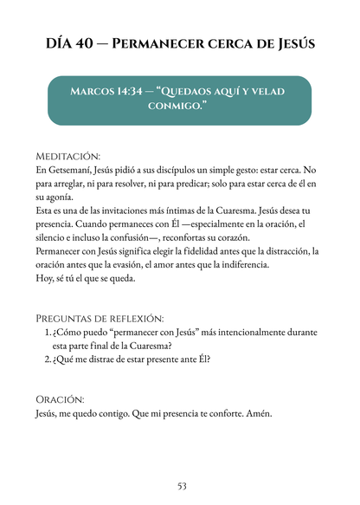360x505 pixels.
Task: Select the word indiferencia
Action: pos(243,264)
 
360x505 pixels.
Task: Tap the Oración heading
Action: pos(60,399)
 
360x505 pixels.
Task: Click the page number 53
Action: pos(181,485)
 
